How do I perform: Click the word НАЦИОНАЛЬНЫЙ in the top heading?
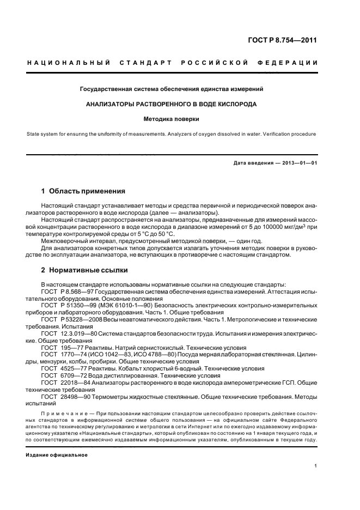click(x=69, y=64)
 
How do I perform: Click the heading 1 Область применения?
click(x=83, y=191)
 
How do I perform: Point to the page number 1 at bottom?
click(x=316, y=466)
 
